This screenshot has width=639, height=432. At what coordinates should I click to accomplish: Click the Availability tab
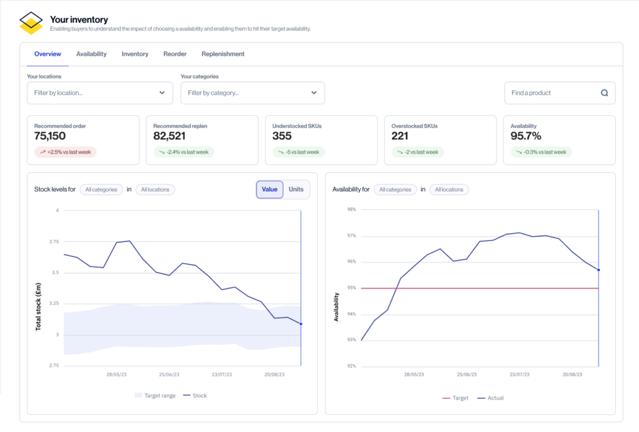pos(91,54)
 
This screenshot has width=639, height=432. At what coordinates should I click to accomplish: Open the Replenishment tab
pos(223,54)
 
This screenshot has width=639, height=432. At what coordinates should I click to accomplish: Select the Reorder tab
pos(175,54)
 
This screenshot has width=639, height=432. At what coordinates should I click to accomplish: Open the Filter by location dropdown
pos(100,93)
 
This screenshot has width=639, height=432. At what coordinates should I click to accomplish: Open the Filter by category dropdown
pos(252,93)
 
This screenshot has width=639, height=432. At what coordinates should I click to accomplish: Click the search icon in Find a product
pos(604,93)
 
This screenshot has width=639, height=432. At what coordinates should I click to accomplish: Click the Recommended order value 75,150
pos(50,136)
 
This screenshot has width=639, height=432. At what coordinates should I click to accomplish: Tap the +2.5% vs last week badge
pos(66,152)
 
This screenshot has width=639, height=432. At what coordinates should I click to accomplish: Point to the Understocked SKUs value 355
pos(282,136)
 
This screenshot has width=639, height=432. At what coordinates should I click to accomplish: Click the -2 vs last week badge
pos(417,152)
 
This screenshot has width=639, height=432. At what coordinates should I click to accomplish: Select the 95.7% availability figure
pos(526,136)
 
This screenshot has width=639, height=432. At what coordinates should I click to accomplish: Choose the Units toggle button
pos(296,190)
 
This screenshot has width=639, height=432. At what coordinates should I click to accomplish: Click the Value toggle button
pos(270,190)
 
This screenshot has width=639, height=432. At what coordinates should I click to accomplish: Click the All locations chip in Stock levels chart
pos(155,190)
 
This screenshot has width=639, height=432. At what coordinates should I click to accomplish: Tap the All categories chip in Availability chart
pos(395,190)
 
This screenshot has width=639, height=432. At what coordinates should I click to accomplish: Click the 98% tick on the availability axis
pos(351,210)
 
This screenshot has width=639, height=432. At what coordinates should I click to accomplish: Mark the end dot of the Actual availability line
pos(598,270)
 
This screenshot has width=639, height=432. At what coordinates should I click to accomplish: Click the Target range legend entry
pos(155,396)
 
